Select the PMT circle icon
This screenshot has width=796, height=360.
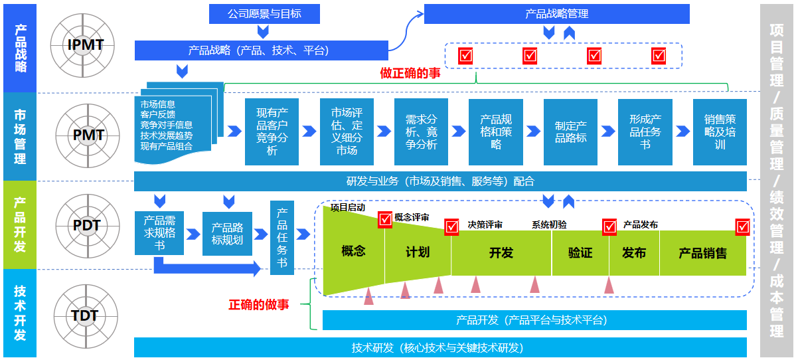[x=88, y=135]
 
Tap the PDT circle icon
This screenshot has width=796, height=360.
[x=86, y=225]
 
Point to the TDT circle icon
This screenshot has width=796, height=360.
[x=85, y=315]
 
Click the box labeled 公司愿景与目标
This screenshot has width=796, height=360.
[x=264, y=13]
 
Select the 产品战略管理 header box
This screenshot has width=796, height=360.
[x=556, y=13]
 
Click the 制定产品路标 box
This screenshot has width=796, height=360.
[x=570, y=132]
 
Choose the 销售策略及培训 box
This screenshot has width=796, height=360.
[x=720, y=132]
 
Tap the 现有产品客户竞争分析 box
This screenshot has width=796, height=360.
[x=272, y=132]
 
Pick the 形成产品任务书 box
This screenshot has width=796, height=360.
[x=645, y=132]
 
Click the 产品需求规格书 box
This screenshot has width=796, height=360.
[x=159, y=233]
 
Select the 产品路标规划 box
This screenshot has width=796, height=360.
[x=228, y=233]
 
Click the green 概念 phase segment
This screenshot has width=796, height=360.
[x=353, y=251]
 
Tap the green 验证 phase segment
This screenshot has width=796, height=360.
[x=580, y=253]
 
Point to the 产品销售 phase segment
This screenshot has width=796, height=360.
[x=702, y=253]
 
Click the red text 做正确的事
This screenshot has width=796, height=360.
[x=410, y=73]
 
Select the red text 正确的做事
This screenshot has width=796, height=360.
[x=259, y=305]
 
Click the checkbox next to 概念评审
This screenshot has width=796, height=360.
[x=385, y=219]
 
